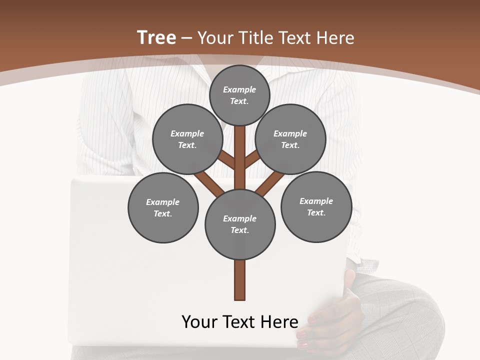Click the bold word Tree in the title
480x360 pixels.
point(156,38)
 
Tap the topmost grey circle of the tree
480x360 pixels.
point(239,95)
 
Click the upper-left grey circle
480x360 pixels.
point(187,139)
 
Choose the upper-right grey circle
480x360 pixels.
point(290,139)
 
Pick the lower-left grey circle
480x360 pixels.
point(163,207)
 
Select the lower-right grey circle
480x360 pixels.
point(316,206)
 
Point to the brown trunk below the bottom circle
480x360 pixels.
point(240,280)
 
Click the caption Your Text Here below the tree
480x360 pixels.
point(240,322)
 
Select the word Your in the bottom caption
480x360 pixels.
point(200,322)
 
